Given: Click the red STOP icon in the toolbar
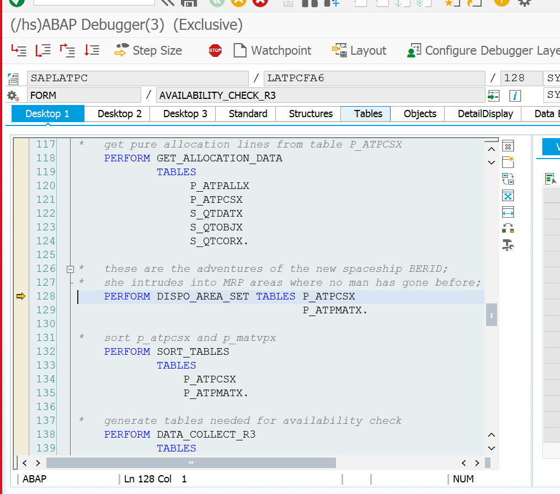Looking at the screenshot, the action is click(215, 50).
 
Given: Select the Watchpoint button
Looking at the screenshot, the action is click(272, 50).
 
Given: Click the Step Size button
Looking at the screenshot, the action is click(148, 50).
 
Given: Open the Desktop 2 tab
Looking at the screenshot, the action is click(120, 114).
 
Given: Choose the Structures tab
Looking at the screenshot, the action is click(311, 114).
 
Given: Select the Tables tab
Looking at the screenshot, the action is click(368, 114).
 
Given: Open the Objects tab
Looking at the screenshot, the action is click(420, 114).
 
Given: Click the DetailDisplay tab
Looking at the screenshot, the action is click(486, 114).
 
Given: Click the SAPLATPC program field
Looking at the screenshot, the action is click(137, 78).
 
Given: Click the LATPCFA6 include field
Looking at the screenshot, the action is click(374, 78).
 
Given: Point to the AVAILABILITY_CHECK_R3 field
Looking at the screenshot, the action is click(321, 96).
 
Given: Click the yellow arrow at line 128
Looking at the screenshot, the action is click(21, 296).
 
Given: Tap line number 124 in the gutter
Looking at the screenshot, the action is click(46, 241).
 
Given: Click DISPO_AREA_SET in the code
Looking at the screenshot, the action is click(202, 297).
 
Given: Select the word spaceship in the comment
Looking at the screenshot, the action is click(372, 269).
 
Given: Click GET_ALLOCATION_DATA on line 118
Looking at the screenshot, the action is click(219, 158).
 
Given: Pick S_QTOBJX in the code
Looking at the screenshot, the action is click(216, 227).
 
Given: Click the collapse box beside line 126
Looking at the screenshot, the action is click(71, 269).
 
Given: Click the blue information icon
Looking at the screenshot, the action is click(515, 96).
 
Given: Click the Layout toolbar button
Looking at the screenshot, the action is click(359, 50).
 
